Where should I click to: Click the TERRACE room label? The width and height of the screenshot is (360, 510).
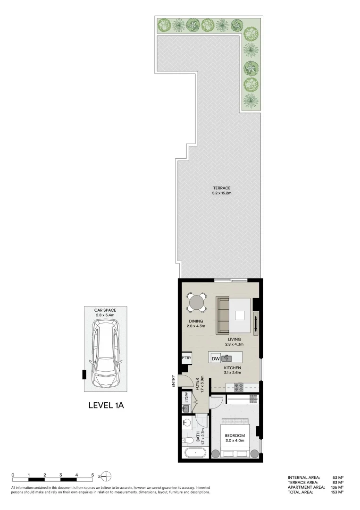point(221,188)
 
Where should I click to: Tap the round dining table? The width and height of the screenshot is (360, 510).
point(196,302)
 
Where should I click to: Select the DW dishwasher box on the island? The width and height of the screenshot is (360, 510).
point(215,358)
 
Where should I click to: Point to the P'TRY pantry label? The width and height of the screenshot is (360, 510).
point(186,358)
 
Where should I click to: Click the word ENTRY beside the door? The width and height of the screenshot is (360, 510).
point(174,382)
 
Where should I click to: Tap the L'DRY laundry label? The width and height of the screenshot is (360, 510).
point(187,398)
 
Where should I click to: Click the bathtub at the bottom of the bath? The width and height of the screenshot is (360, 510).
point(194,454)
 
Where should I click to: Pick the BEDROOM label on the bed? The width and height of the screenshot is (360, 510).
point(234,435)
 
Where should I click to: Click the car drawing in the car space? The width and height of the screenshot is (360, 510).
point(106,352)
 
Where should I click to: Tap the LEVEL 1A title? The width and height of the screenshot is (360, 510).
point(106,405)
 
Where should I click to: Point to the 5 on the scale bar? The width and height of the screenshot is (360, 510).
point(92,475)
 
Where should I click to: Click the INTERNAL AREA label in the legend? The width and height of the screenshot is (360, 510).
point(304,478)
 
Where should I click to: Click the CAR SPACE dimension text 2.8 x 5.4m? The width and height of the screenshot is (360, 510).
point(105,314)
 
